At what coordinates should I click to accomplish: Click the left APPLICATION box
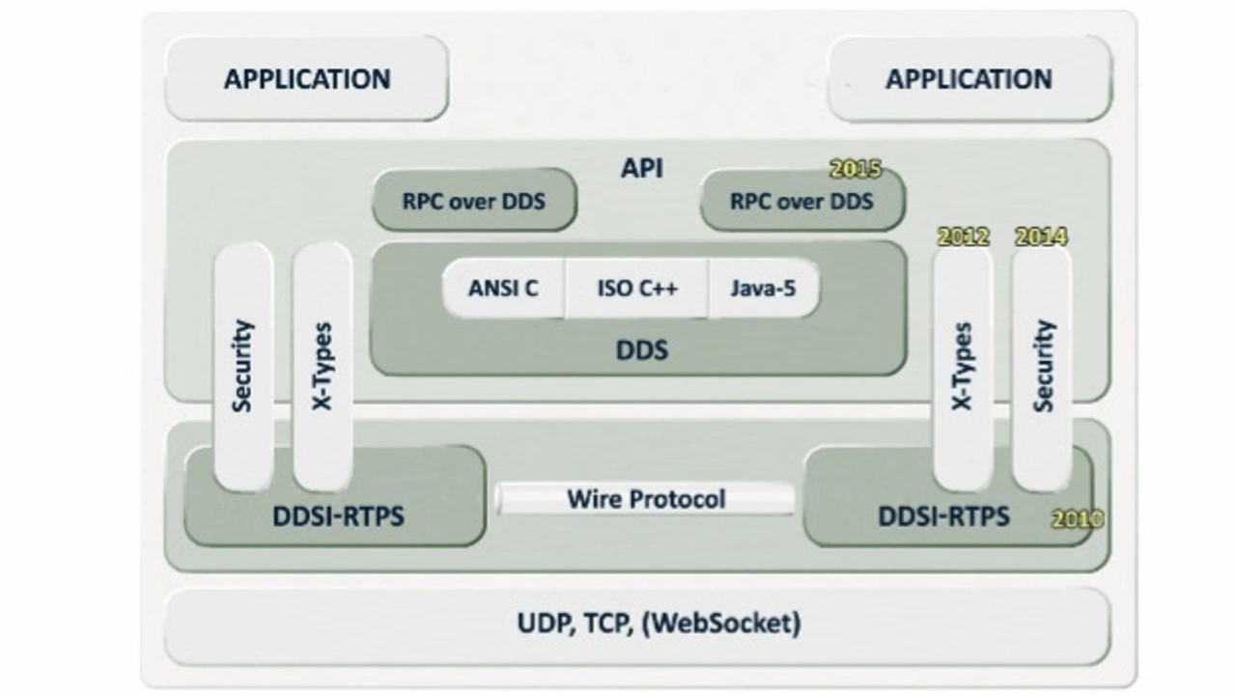click(307, 79)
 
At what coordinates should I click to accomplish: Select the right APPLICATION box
click(969, 79)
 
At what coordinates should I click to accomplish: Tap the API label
click(641, 168)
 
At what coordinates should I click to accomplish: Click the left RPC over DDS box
click(474, 202)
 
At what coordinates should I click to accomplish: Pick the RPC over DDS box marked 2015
click(801, 202)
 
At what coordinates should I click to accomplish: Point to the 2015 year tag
click(856, 169)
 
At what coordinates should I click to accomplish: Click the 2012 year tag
click(964, 237)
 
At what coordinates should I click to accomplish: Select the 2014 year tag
click(1041, 237)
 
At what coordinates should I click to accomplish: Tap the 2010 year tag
click(1077, 519)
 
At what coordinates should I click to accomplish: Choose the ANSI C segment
click(503, 288)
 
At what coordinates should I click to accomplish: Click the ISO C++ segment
click(637, 288)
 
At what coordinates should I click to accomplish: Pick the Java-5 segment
click(763, 288)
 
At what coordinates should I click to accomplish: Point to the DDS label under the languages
click(641, 349)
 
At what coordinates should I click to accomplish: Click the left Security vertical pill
click(242, 367)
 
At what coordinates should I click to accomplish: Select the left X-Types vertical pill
click(322, 367)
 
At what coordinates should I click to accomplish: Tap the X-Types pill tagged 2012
click(962, 367)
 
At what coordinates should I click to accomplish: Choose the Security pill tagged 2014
click(1042, 367)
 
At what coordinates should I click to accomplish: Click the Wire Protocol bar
click(645, 499)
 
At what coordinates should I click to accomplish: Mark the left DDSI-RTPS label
click(338, 516)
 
